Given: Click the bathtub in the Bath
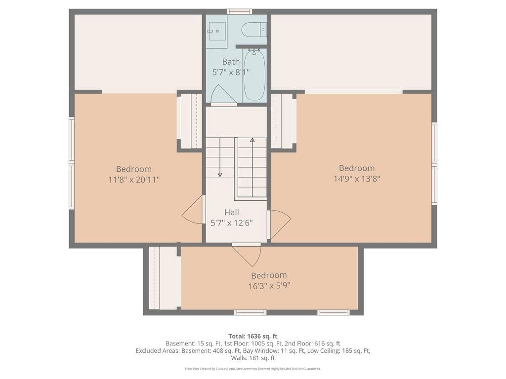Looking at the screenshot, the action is (254, 76).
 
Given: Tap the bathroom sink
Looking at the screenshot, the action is (217, 31).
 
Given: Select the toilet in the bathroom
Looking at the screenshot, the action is (254, 30).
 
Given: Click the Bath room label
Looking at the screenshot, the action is (231, 62).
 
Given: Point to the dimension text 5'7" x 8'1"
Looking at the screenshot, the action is (231, 72).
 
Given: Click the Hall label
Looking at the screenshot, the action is (232, 212).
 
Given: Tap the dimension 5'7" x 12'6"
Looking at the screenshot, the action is (232, 223).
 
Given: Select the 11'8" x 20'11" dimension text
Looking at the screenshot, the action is (134, 180).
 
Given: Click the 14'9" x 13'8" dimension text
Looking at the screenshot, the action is (357, 179).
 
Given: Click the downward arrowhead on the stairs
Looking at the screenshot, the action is (220, 175).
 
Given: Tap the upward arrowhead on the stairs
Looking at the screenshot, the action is (253, 140).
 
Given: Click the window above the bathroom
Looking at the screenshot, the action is (240, 12).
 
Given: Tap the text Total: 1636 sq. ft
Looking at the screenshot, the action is (253, 337).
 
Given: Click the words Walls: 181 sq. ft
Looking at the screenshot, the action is (253, 358).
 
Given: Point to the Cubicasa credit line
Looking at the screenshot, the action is (253, 369).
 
